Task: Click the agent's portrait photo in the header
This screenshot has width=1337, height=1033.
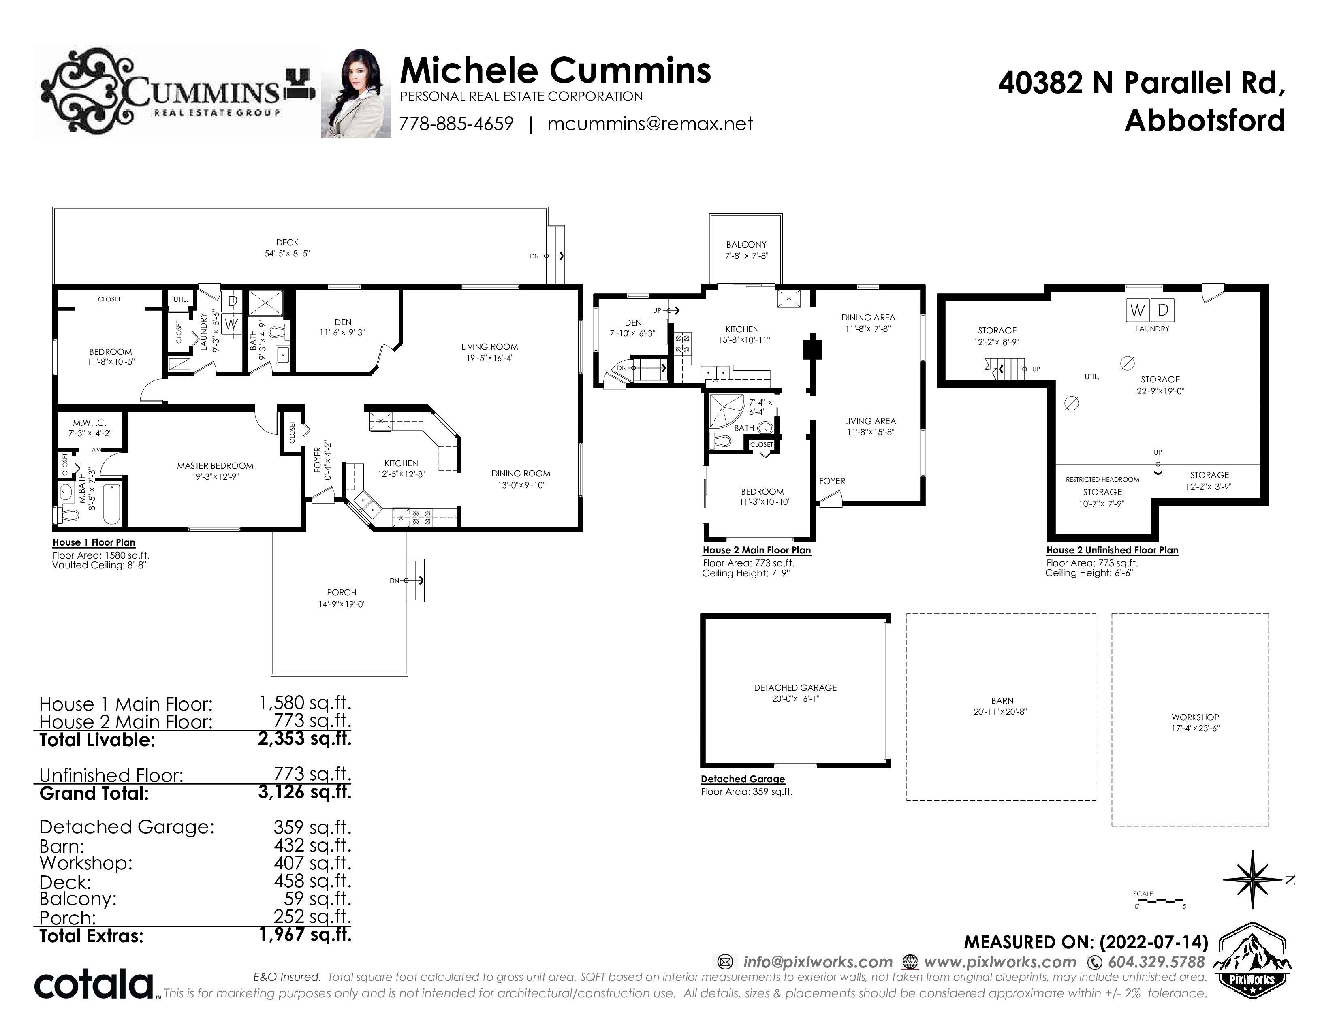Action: [x=356, y=93]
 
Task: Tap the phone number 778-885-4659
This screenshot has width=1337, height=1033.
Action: [x=456, y=124]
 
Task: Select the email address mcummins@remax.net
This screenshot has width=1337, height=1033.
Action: [x=650, y=124]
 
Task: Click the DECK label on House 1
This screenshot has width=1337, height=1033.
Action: [x=287, y=242]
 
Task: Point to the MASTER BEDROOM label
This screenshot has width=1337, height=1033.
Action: [x=215, y=466]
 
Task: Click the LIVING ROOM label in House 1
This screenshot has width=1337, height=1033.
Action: [x=490, y=346]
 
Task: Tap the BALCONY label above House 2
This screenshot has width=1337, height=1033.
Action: [x=746, y=244]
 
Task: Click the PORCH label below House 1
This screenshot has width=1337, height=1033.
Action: [x=342, y=592]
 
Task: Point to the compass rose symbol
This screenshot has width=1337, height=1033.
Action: [x=1252, y=880]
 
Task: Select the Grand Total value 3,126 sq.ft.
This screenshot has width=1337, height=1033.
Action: [x=305, y=792]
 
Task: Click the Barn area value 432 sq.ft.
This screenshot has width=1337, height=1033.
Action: [x=312, y=845]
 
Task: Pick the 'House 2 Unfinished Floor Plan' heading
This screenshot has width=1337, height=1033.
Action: [x=1112, y=550]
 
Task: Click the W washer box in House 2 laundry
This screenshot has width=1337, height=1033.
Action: [x=1137, y=310]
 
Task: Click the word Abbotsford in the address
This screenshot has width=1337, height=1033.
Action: [x=1205, y=121]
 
